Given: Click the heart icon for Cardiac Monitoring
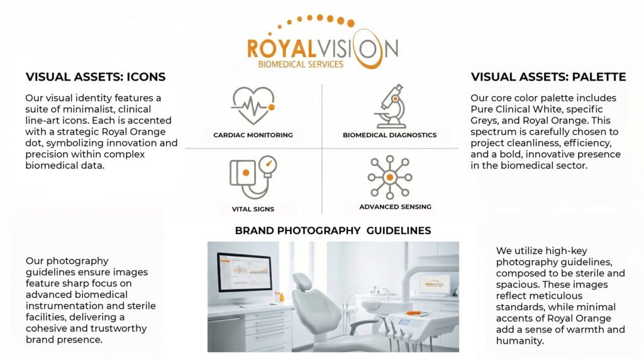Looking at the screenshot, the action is pos(253,105).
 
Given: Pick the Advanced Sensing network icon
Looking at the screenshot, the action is pos(390,177).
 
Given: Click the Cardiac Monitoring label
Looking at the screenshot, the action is pos(253,135).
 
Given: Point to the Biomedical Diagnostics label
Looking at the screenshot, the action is pos(390,135).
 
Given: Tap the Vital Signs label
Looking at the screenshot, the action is pos(253,209).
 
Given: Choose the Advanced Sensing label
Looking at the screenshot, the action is pos(395,206).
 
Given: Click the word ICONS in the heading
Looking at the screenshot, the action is pos(146,77).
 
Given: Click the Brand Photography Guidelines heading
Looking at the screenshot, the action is pos(333,230).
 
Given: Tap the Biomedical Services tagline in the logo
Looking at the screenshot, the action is pos(301,64).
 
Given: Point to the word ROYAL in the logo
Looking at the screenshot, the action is pos(281,48).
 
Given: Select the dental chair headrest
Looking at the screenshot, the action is pos(303,281).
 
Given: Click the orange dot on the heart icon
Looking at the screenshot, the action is pos(272,107).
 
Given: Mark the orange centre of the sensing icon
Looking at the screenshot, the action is pos(390,177).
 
